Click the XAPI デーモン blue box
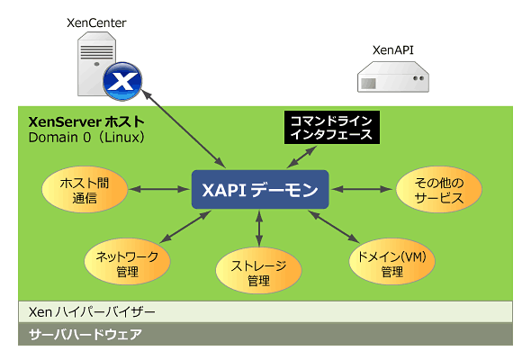tap(260, 189)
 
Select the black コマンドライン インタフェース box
tap(332, 127)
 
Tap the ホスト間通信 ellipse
tap(85, 189)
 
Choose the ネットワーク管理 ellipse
tap(127, 261)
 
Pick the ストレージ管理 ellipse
tap(258, 270)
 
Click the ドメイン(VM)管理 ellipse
tap(391, 261)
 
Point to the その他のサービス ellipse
tap(439, 189)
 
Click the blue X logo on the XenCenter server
tap(122, 81)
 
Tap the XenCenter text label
tap(96, 23)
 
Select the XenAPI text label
tap(393, 50)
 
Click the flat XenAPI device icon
tap(393, 76)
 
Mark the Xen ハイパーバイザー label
tap(92, 312)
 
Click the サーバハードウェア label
tap(85, 334)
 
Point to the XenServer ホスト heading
tap(86, 121)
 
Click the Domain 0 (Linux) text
tap(86, 138)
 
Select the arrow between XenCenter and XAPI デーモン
tap(184, 129)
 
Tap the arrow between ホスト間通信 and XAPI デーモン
tap(159, 189)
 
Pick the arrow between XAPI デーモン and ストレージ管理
tap(259, 229)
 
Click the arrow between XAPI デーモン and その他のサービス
tap(362, 189)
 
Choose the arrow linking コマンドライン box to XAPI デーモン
tap(301, 157)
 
